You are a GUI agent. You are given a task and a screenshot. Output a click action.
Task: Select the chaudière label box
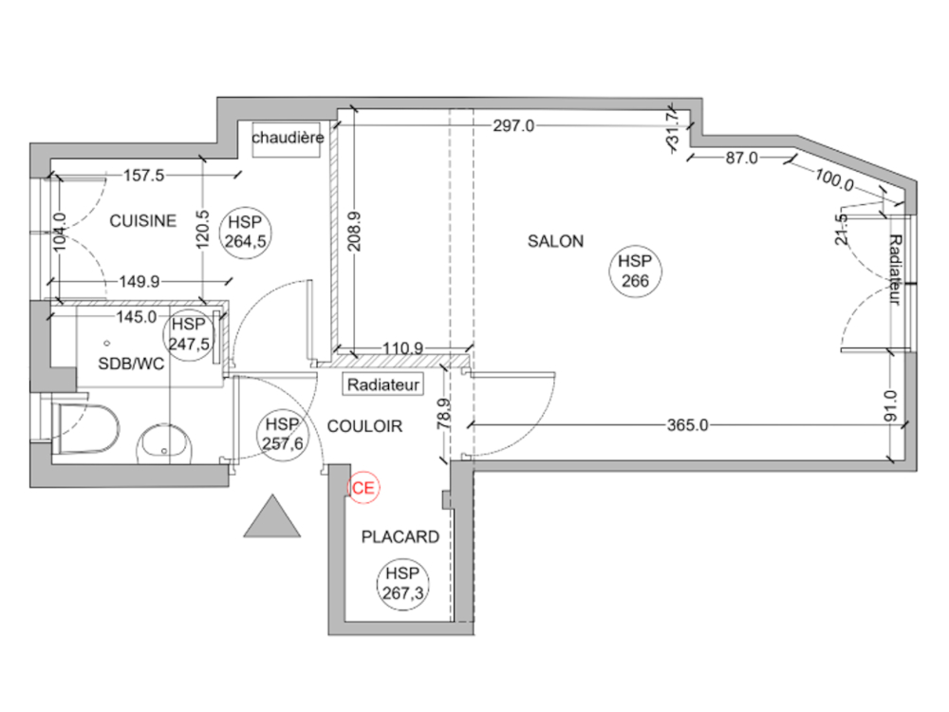[x=288, y=139]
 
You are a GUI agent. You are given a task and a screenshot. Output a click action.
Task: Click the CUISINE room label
[x=142, y=221]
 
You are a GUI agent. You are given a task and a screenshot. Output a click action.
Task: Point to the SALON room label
[x=555, y=241]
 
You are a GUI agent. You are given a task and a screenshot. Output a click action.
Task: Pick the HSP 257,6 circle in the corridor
[x=282, y=435]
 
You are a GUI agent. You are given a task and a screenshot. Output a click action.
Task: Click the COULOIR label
[x=364, y=427]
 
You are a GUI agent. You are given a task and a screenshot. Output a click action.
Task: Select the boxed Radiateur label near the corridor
[x=382, y=385]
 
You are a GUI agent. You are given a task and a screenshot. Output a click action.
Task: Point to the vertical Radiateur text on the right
[x=895, y=270]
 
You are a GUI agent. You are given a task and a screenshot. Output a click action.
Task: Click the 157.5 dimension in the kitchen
[x=145, y=175]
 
